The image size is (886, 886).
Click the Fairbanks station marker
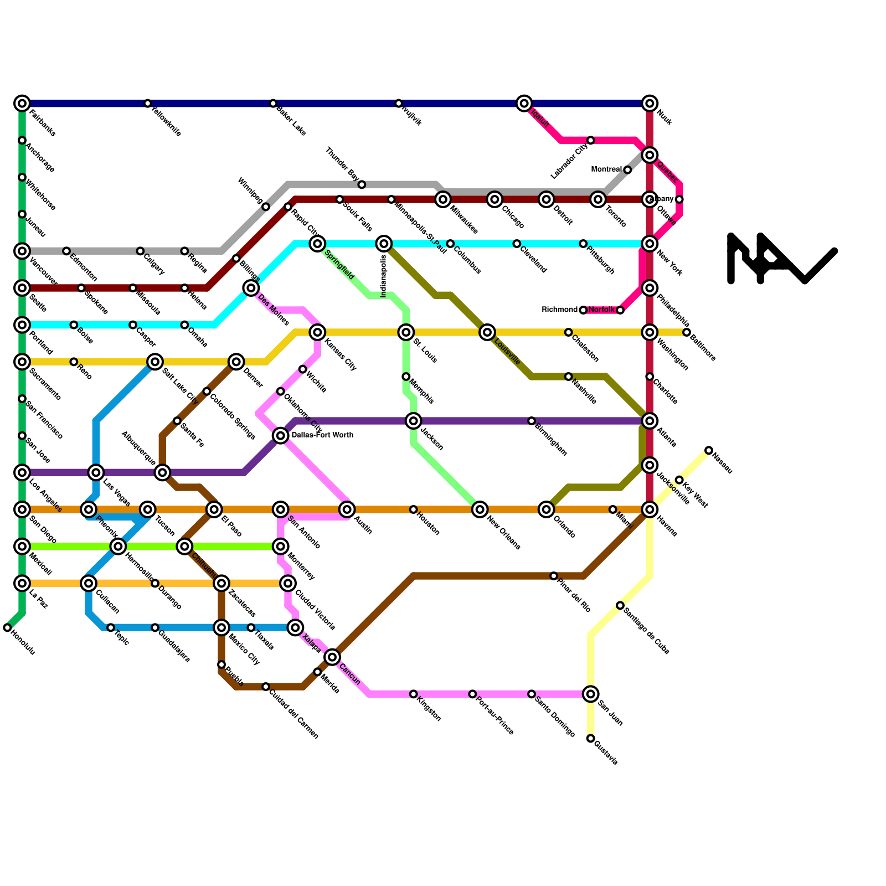click(x=22, y=103)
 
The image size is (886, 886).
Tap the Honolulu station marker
click(x=7, y=627)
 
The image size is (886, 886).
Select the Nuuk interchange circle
click(x=650, y=103)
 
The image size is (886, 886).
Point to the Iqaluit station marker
click(x=524, y=103)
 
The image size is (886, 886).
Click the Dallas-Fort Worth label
click(x=322, y=435)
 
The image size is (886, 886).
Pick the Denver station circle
click(x=236, y=362)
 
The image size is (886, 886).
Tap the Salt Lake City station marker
click(x=155, y=362)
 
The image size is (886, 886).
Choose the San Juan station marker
click(x=591, y=693)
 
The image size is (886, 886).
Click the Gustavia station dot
click(x=591, y=738)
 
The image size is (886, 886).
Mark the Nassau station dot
click(x=709, y=450)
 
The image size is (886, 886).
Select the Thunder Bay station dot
click(x=362, y=184)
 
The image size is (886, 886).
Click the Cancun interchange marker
click(x=332, y=657)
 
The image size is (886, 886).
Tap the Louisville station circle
click(x=487, y=332)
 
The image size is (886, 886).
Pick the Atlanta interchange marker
click(x=650, y=421)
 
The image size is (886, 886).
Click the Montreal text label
click(x=606, y=169)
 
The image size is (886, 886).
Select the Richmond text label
click(x=560, y=310)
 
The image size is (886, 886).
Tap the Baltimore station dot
click(x=687, y=332)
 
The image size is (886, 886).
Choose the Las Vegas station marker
click(x=96, y=472)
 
